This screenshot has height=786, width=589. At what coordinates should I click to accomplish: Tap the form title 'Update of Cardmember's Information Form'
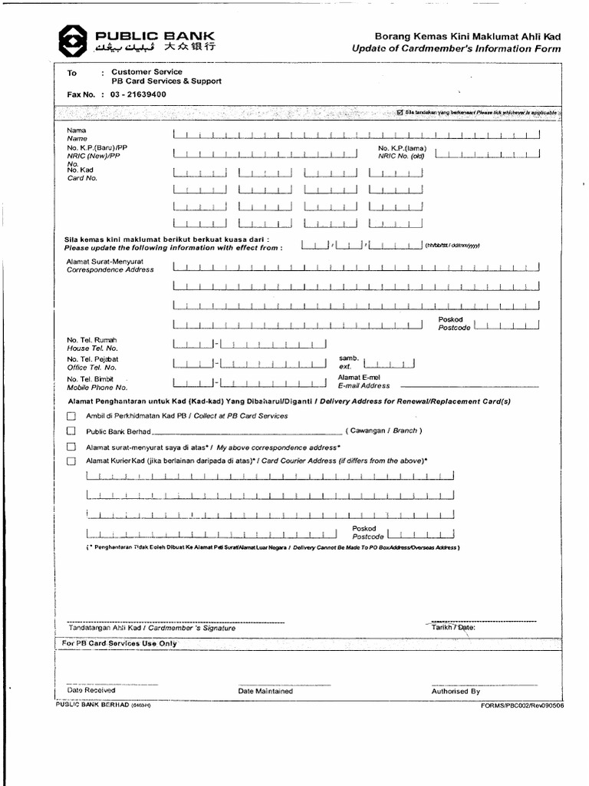(x=456, y=49)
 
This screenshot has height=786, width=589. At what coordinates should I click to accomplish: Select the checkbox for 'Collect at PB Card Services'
(x=71, y=416)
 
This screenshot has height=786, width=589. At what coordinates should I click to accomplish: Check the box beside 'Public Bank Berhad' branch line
(x=71, y=431)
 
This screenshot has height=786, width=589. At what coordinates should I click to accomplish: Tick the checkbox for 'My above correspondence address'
(x=71, y=447)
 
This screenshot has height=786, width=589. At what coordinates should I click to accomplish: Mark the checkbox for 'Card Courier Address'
(x=71, y=461)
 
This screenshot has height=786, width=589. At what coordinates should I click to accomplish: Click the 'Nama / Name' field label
(x=77, y=134)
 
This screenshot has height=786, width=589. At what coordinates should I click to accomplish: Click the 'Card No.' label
(x=82, y=178)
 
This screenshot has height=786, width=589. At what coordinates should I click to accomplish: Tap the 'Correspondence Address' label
(x=110, y=270)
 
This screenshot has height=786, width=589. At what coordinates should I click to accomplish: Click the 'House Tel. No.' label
(x=92, y=348)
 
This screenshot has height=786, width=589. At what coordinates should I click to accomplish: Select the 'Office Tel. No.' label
(x=92, y=367)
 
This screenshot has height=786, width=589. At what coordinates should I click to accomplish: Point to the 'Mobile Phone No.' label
(x=96, y=387)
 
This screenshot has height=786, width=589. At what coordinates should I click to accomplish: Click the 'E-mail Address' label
(x=364, y=386)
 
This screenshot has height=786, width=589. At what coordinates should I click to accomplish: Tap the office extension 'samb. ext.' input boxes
(x=389, y=363)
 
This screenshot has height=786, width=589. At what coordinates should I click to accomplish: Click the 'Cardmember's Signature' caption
(x=152, y=628)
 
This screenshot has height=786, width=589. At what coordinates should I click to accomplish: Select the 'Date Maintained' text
(x=265, y=691)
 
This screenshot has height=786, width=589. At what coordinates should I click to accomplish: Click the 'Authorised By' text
(x=456, y=691)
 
